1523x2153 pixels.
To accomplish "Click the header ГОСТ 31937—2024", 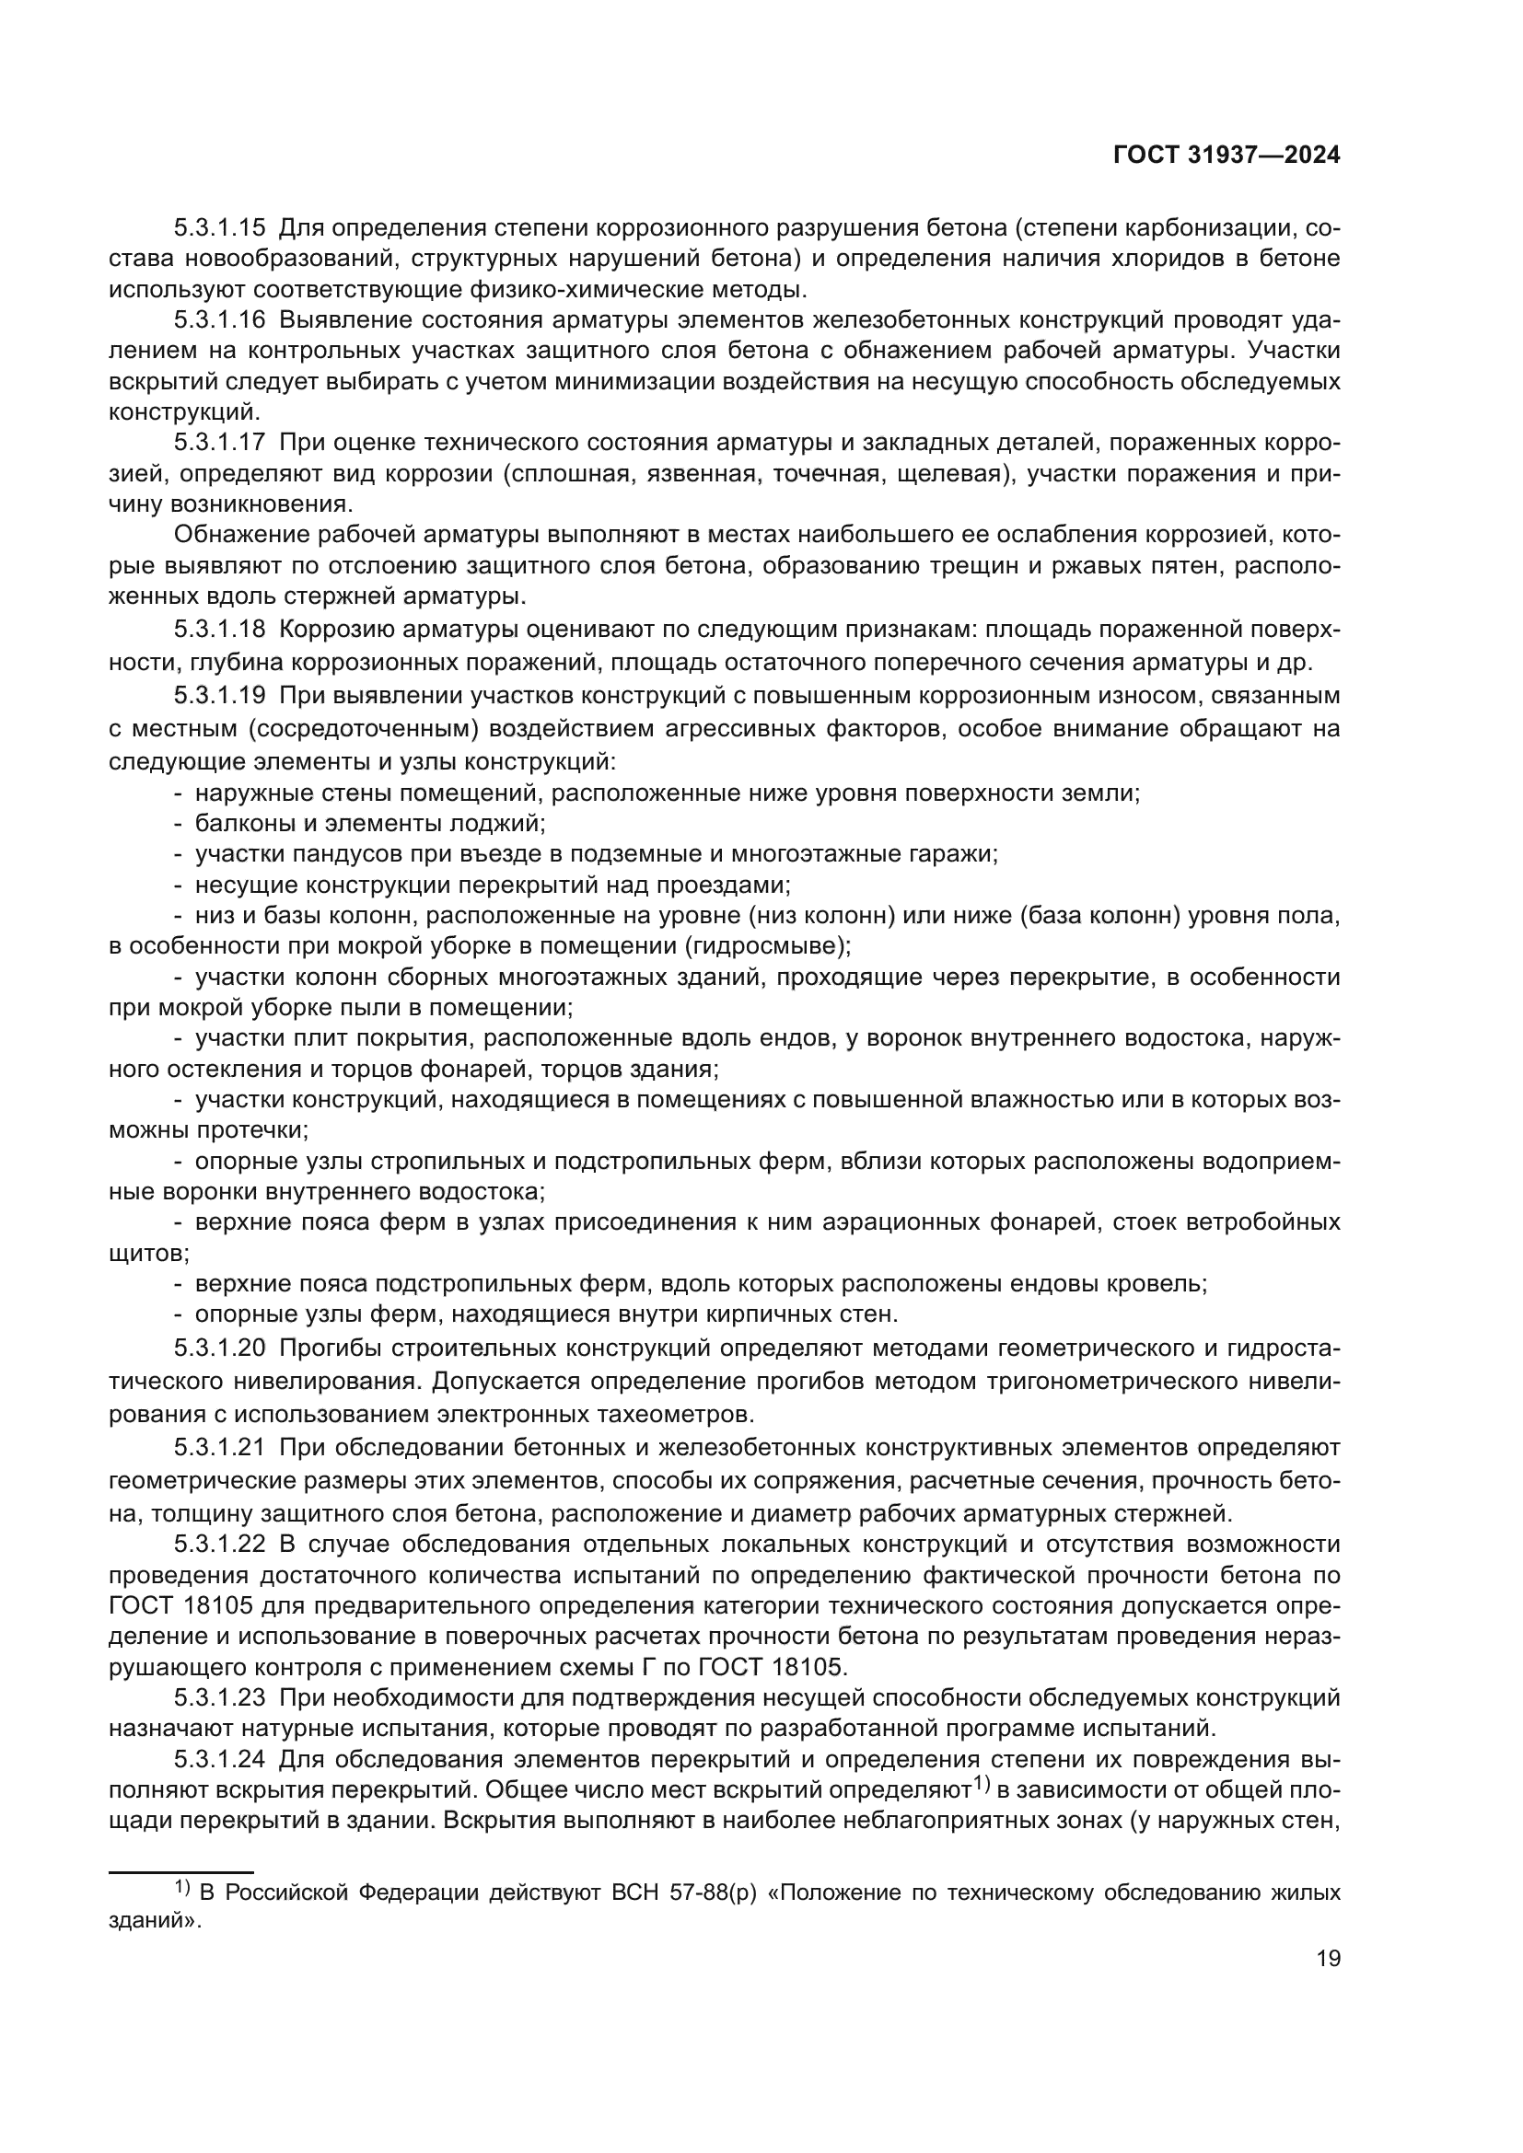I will pos(1226,156).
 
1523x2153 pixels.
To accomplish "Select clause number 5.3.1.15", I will pos(219,228).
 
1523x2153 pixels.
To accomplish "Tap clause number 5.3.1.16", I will pos(219,319).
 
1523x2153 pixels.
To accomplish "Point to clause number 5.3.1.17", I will pos(219,443).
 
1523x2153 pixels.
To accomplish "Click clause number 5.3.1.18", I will pos(219,628).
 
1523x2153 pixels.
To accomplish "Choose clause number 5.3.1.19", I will pos(219,696).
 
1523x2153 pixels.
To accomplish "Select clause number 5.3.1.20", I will pos(219,1349).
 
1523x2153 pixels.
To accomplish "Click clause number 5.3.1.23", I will pos(219,1698).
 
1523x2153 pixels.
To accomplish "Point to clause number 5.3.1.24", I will pos(219,1759).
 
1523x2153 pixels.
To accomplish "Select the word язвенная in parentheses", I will pos(699,473).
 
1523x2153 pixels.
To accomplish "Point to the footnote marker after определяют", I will pos(981,1784).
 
